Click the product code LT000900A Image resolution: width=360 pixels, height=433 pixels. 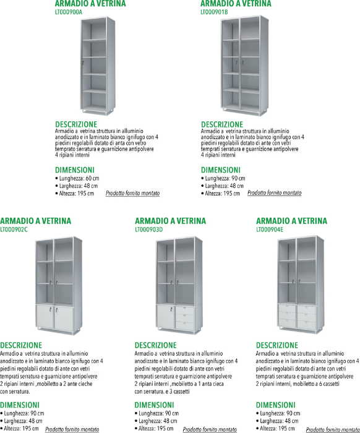pyautogui.click(x=69, y=12)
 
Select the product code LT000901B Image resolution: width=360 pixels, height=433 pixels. pyautogui.click(x=214, y=12)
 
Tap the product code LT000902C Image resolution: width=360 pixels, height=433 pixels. pyautogui.click(x=14, y=229)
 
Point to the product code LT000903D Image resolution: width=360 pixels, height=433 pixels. pyautogui.click(x=149, y=229)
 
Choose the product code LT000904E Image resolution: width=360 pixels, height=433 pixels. pyautogui.click(x=270, y=229)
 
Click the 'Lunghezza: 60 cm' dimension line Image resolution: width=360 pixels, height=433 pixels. pyautogui.click(x=77, y=178)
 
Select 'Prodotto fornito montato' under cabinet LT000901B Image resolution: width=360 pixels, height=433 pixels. pyautogui.click(x=275, y=193)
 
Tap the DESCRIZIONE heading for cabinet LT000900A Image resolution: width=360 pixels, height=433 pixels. pyautogui.click(x=76, y=124)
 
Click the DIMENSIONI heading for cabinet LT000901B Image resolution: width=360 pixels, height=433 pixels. pyautogui.click(x=221, y=170)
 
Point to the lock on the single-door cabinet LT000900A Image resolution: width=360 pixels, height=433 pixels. pyautogui.click(x=83, y=63)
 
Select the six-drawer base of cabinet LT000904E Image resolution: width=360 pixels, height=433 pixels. pyautogui.click(x=297, y=316)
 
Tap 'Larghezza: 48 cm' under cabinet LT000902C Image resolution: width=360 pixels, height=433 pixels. pyautogui.click(x=21, y=421)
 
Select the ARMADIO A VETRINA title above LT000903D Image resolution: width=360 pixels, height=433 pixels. pyautogui.click(x=170, y=221)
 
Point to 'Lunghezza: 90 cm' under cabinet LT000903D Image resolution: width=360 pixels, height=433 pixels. pyautogui.click(x=157, y=413)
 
